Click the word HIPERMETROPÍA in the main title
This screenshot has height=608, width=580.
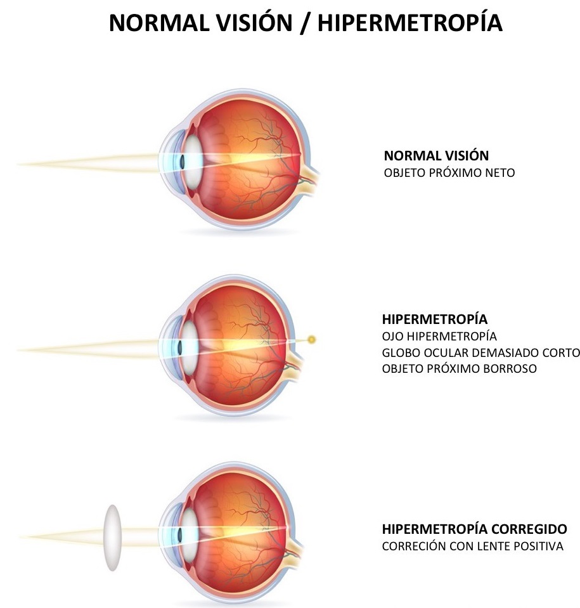tap(410, 22)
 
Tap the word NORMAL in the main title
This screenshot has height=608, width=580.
tap(159, 23)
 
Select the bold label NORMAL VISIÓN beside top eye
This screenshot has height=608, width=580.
tap(436, 155)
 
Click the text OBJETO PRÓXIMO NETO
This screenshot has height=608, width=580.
tap(449, 172)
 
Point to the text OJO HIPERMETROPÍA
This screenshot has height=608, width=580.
tap(439, 336)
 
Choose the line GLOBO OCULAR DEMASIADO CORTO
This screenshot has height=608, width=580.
tap(480, 353)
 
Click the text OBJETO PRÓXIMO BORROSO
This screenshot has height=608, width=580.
tap(460, 368)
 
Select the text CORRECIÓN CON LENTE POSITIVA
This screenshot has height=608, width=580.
tap(473, 546)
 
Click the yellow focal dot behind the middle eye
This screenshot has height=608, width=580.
tap(311, 340)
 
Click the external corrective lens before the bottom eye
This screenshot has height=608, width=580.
tap(112, 538)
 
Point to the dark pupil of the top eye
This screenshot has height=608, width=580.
tap(182, 162)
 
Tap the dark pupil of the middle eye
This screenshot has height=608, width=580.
tap(180, 347)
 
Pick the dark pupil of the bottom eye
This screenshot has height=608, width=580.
tap(180, 534)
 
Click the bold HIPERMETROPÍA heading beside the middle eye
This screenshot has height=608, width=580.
tap(435, 319)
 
